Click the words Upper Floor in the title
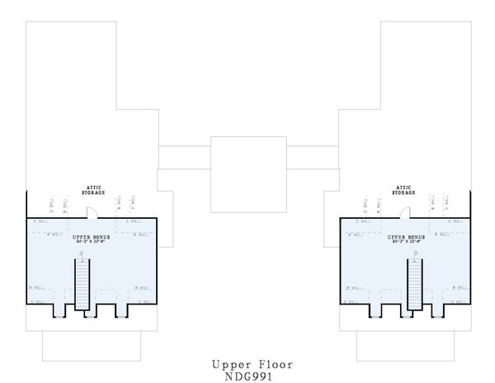[x=251, y=363]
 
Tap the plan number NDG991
[x=251, y=375]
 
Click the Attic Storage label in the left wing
[x=92, y=190]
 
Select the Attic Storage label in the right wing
[x=403, y=190]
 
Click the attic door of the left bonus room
[x=93, y=214]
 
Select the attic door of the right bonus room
[x=405, y=214]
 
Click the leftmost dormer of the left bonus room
[x=59, y=310]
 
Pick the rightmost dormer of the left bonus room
[x=122, y=310]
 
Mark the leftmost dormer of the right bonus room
[x=374, y=310]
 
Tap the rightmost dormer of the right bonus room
[x=437, y=310]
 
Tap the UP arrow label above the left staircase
[x=82, y=253]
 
